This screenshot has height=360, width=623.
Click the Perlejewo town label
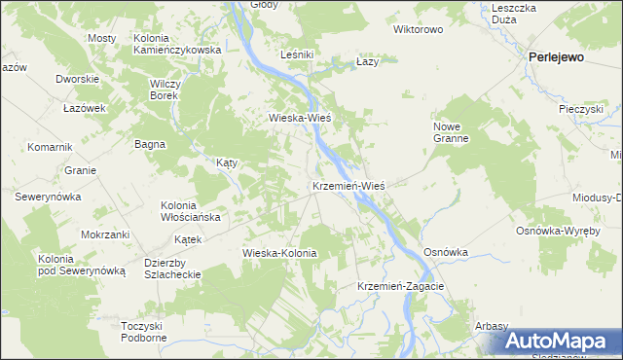coord(556,57)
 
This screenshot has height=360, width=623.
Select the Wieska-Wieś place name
coord(301,118)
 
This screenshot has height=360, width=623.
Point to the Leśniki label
coord(296,54)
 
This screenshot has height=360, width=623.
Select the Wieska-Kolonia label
coord(280,253)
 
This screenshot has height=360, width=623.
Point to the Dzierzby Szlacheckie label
coord(171,269)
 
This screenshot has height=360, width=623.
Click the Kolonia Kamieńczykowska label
coord(177,43)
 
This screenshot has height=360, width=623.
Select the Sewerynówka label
coord(47,196)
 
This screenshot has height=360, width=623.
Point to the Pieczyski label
coord(582,109)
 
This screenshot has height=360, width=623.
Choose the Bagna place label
coord(150,144)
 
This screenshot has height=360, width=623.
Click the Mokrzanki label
coord(105,234)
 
